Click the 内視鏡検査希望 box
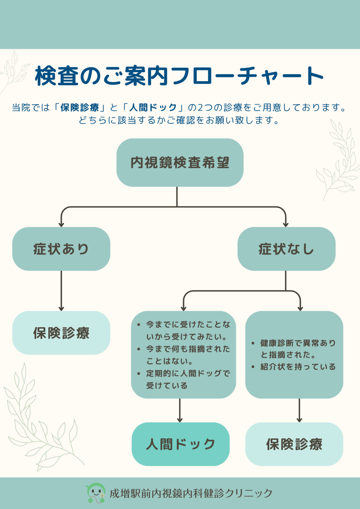[x=180, y=163]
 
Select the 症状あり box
[x=61, y=249]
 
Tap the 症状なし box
[x=286, y=249]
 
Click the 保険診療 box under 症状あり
[x=61, y=333]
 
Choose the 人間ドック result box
[x=180, y=444]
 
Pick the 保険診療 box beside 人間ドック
[x=294, y=444]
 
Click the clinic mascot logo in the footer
[x=96, y=493]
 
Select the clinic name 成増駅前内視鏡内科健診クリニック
[x=191, y=493]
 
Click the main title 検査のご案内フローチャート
[x=179, y=76]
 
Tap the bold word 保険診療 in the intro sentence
[x=80, y=107]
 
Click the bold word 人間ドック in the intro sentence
[x=153, y=107]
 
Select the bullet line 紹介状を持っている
[x=298, y=367]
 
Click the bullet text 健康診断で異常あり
[x=298, y=343]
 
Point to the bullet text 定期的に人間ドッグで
[x=188, y=373]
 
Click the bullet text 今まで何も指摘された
[x=188, y=349]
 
